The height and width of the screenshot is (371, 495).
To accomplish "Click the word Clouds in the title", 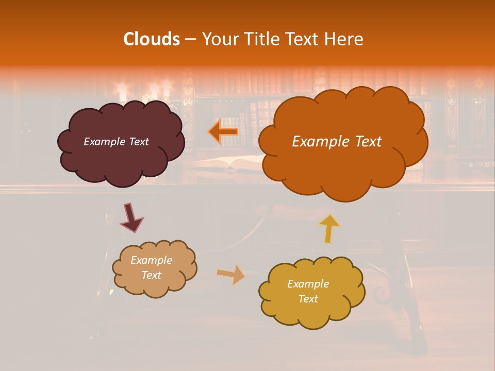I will coord(151,39).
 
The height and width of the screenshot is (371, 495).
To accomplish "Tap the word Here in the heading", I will coord(346,39).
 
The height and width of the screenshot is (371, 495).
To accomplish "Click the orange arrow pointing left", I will coord(224,131).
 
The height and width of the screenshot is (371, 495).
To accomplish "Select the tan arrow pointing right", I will coord(230,274).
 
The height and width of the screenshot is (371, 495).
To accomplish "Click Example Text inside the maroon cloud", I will coord(116,142).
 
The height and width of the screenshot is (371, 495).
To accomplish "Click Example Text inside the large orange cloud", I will coord(337,142).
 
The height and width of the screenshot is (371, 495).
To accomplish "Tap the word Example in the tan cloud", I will coord(151,261).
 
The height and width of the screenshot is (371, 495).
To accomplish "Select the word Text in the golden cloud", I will coord(308,299).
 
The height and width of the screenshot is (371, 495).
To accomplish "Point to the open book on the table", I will coord(227,164).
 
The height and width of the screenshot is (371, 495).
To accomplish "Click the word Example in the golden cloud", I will coord(308,284).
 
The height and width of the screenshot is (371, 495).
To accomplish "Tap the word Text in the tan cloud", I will coord(151,275).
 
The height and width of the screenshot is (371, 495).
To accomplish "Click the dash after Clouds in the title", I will coord(190,39).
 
